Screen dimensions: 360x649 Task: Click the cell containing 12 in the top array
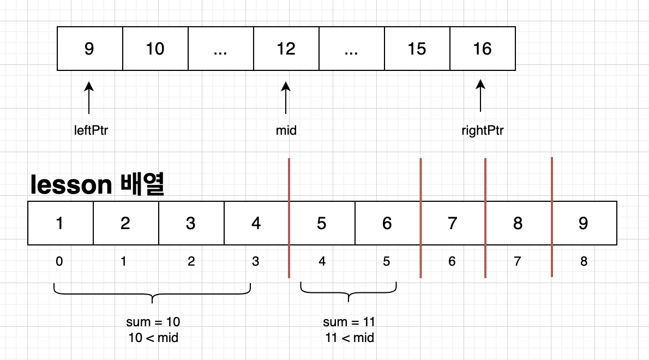coord(286,49)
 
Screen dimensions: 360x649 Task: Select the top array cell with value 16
coord(482,49)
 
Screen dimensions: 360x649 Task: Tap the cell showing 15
coord(417,49)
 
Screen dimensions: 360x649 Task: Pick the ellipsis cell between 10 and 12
coord(220,49)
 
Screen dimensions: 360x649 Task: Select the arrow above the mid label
coord(286,98)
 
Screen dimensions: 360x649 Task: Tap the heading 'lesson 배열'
coord(98,185)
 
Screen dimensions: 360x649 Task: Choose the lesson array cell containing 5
coord(322,223)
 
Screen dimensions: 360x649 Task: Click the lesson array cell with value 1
coord(61,223)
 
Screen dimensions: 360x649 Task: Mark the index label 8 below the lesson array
coord(584,261)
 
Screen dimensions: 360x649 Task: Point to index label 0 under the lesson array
coord(59,261)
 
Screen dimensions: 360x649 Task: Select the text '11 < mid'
coord(348,338)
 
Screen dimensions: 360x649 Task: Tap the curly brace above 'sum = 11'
coord(348,291)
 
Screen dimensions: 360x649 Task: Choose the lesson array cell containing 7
coord(452,223)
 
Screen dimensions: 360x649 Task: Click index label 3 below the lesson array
coord(256,261)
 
